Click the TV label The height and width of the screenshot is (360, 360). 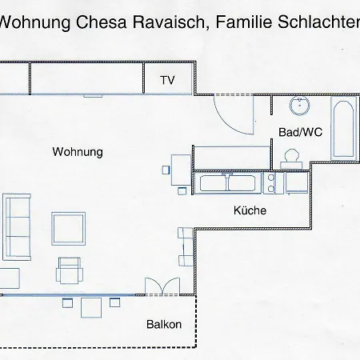167,80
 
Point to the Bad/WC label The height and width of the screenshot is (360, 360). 300,132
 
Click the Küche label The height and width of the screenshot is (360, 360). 250,211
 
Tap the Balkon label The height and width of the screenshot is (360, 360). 164,325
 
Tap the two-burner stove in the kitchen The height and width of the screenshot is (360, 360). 271,183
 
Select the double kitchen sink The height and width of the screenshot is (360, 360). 229,183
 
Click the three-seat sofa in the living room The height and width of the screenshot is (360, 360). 17,226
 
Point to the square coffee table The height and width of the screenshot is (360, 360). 69,228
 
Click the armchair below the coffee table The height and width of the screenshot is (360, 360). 69,270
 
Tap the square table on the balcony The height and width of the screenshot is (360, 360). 91,306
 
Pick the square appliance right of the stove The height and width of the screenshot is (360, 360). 294,183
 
